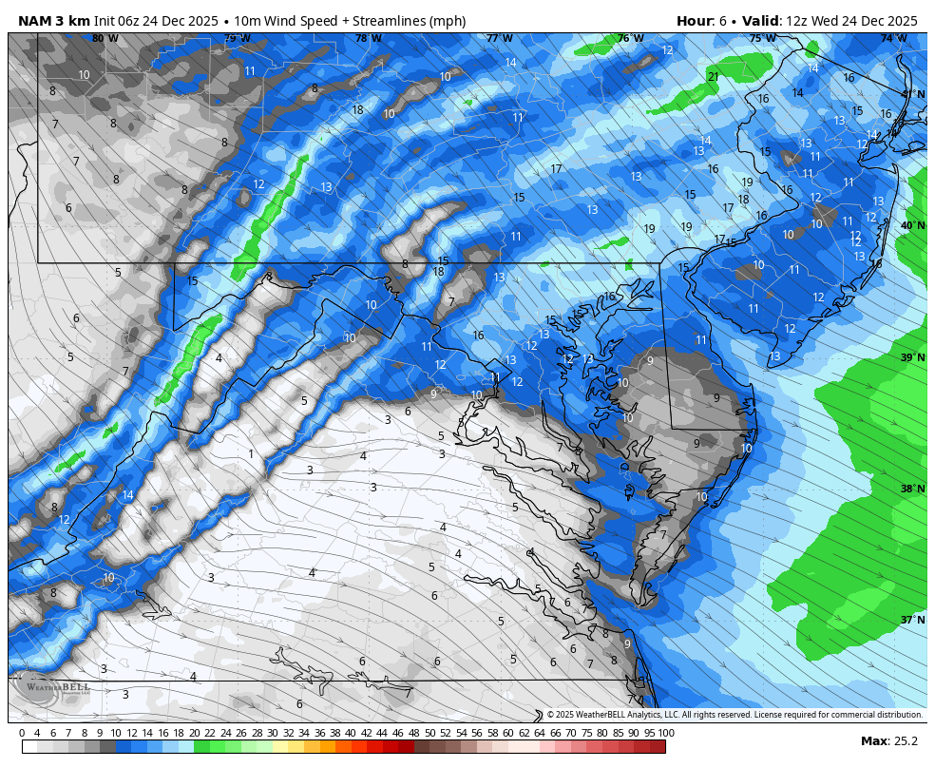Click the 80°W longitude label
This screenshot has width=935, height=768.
(105, 38)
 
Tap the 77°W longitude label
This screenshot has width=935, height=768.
(499, 38)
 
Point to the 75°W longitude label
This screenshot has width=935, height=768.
(761, 38)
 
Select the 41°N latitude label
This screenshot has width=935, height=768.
(912, 93)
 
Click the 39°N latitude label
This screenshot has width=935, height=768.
(912, 357)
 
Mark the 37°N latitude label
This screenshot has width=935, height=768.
(912, 620)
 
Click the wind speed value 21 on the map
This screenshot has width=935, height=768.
(713, 77)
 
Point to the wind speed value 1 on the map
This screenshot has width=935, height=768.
(251, 454)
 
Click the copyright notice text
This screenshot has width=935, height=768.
(735, 715)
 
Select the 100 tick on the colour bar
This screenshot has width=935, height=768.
(665, 733)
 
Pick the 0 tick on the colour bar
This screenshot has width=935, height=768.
(22, 733)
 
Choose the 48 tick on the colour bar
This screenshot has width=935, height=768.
(413, 733)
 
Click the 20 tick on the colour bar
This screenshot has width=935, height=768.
(194, 733)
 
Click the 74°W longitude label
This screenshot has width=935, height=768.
(892, 38)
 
